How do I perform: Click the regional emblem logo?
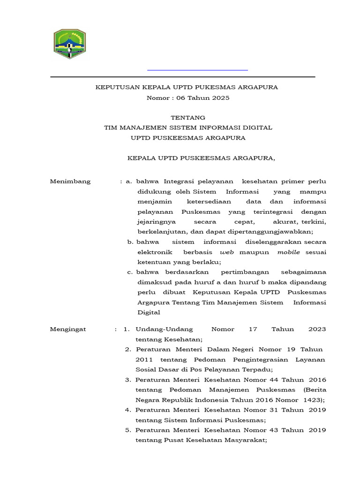pyautogui.click(x=70, y=44)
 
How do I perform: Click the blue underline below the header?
pyautogui.click(x=197, y=70)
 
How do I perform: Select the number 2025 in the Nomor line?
pyautogui.click(x=221, y=97)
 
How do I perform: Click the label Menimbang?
pyautogui.click(x=70, y=181)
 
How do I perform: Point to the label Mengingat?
pyautogui.click(x=68, y=329)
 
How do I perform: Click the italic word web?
pyautogui.click(x=227, y=252)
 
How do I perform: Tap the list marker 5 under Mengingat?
pyautogui.click(x=128, y=430)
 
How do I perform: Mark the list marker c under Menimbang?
pyautogui.click(x=130, y=272)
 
